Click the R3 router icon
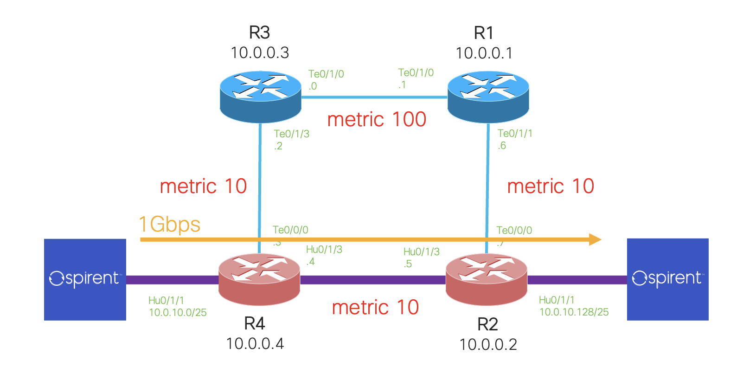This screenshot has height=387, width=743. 260,97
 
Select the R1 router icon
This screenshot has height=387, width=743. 488,97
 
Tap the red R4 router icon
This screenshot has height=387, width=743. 259,279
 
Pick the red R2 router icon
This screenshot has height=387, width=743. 486,279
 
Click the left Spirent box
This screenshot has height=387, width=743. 85,279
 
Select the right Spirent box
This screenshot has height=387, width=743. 667,279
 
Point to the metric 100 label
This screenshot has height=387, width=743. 376,120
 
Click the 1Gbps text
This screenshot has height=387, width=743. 169,225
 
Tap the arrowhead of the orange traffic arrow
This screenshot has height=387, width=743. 595,239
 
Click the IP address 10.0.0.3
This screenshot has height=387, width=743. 260,53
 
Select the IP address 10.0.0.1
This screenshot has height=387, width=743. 484,53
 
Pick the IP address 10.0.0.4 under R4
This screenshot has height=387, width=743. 255,344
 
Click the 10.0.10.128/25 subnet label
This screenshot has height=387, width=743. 574,312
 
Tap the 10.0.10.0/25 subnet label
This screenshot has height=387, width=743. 178,313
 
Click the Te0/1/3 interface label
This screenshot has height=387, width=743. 291,134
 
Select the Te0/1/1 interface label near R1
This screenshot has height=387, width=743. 515,133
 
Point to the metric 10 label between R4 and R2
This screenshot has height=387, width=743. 375,307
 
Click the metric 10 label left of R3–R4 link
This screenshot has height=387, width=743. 203,187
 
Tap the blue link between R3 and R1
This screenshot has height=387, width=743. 374,97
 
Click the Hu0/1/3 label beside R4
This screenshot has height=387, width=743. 324,250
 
